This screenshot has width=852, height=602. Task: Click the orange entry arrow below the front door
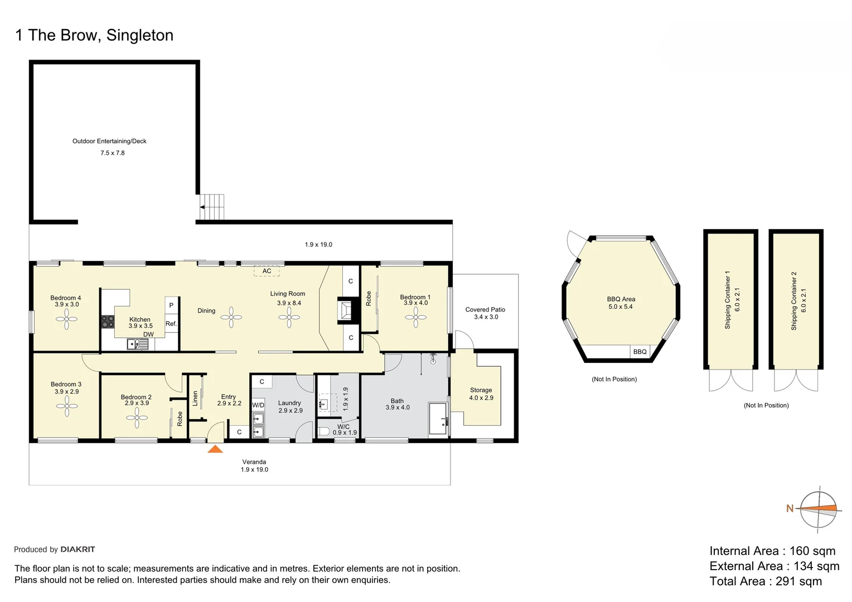pos(215,449)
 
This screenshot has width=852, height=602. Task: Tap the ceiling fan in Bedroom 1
pos(415,317)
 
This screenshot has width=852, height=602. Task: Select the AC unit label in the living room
pos(267,271)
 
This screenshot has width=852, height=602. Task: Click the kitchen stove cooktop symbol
pos(108,322)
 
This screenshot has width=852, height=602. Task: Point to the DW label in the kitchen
pos(148,334)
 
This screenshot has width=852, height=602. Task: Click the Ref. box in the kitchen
pos(171,324)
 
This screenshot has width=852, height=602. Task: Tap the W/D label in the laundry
pos(258,405)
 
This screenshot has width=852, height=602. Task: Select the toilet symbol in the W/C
pos(324,431)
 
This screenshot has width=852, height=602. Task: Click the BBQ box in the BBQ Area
pos(640,352)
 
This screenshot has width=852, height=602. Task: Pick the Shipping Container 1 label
pos(727,300)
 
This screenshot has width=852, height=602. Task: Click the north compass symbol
pos(819,508)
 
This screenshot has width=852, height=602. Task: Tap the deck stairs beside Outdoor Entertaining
pos(212,207)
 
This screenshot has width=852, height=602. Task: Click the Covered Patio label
pos(485,309)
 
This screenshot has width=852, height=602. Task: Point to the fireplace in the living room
pos(345,310)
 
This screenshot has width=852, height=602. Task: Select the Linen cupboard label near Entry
pos(195,398)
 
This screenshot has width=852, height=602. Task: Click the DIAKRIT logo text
pos(78,550)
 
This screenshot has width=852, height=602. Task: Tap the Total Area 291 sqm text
pos(766,581)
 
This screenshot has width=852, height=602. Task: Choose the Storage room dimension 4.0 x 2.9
pos(481,398)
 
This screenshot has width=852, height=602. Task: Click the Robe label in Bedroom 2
pos(180,419)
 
